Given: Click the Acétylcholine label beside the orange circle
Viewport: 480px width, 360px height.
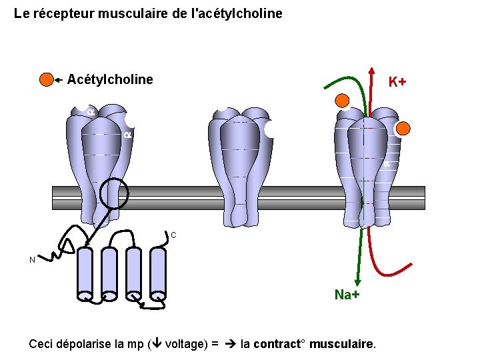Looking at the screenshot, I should point(110,80).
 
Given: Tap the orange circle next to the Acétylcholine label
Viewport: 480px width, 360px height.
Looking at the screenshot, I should point(46,80).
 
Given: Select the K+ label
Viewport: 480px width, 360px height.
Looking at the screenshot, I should point(397,82).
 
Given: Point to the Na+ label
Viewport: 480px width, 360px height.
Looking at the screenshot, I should point(347,295).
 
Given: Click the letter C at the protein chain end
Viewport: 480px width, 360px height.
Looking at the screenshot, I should point(173,235).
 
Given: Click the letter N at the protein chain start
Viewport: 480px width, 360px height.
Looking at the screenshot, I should point(32,260).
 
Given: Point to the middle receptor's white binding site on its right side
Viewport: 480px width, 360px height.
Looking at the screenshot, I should point(271,129).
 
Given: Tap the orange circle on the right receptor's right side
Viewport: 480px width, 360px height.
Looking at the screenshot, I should point(403,129).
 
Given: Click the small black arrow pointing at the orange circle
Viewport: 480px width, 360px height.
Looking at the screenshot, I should point(60,80).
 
